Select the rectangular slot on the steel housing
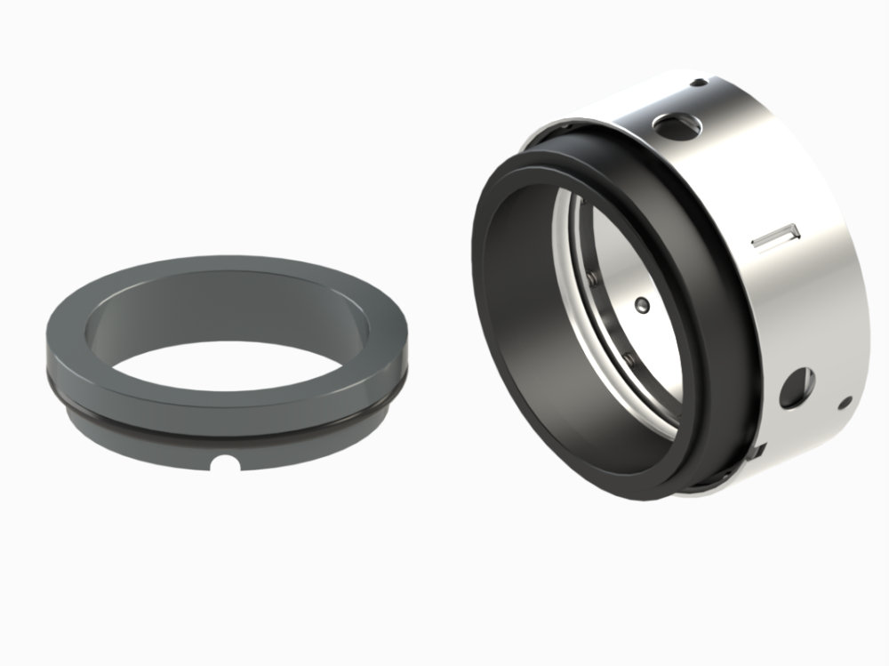coord(775,237)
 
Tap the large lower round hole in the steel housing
coord(797,387)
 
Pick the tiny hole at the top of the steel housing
coord(699,83)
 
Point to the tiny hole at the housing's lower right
coord(845,403)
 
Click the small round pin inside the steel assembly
coord(645,306)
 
